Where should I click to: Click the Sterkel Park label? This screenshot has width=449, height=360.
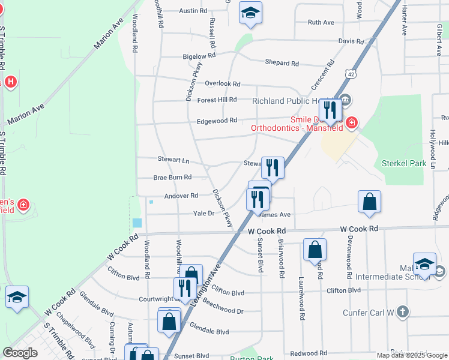403,163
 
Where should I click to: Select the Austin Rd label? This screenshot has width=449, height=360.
193,11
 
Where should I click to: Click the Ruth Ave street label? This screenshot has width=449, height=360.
321,22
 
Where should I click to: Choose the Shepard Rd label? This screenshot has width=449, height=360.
282,63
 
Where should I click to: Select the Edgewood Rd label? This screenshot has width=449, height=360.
217,121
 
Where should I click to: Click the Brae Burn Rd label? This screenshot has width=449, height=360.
172,178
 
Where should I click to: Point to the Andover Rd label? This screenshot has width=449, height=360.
181,196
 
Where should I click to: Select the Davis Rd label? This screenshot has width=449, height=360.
351,41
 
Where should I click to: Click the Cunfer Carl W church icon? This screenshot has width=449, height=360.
402,311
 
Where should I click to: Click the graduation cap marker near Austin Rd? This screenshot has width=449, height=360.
250,13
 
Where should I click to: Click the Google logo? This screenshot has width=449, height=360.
20,353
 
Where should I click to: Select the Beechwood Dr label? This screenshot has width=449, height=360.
223,311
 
